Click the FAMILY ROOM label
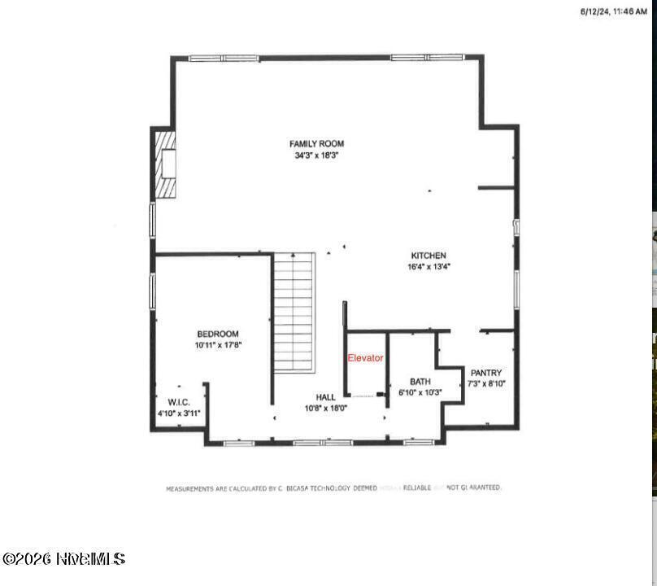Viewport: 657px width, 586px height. tap(316, 144)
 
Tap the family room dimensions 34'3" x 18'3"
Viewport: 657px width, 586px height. tap(316, 155)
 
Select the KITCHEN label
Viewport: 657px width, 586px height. tap(429, 256)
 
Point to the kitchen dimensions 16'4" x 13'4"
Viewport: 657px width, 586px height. tap(429, 266)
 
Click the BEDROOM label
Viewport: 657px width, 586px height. tap(218, 334)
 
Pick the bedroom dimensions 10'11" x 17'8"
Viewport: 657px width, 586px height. tap(218, 345)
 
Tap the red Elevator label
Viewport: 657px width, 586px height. tap(365, 358)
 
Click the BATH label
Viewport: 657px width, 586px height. tap(420, 381)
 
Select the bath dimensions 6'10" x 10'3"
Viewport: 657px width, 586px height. tap(420, 392)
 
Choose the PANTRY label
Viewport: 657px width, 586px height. tap(486, 373)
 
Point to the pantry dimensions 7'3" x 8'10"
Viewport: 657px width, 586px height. tap(486, 383)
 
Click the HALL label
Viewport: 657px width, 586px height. tap(326, 397)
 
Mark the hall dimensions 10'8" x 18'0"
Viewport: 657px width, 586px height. tap(326, 408)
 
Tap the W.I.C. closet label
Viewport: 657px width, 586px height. tap(179, 402)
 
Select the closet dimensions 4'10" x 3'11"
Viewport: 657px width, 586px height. tap(179, 413)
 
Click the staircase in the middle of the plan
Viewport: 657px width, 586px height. tap(294, 312)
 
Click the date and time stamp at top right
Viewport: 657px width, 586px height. tap(614, 11)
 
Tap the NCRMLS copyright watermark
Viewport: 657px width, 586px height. tap(63, 558)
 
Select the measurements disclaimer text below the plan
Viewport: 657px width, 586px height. tap(334, 488)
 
